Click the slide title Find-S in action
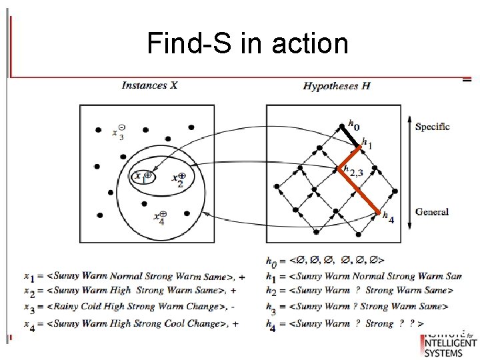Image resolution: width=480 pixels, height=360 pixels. click(x=247, y=44)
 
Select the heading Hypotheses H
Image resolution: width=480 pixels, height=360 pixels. click(x=337, y=85)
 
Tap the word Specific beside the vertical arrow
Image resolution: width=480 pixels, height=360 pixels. click(x=432, y=127)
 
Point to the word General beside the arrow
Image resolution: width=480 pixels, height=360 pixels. click(x=432, y=212)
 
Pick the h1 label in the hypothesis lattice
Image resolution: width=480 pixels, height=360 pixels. click(x=367, y=143)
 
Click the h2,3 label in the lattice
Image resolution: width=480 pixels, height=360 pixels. click(x=353, y=171)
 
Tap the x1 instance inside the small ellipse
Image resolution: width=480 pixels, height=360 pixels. click(x=143, y=177)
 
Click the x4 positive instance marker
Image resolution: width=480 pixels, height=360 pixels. click(x=160, y=217)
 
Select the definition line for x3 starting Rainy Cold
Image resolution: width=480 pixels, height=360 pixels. click(x=134, y=307)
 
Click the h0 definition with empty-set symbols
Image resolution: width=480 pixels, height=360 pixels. click(x=326, y=260)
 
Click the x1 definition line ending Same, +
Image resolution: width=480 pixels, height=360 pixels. click(x=134, y=276)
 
